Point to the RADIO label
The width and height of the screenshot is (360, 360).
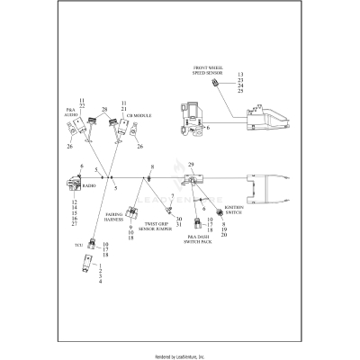click(89, 184)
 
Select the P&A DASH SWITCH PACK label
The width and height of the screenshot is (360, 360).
click(199, 239)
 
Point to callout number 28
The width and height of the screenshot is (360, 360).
click(104, 110)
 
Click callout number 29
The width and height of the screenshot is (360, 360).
click(188, 164)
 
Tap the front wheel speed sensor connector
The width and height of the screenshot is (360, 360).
click(216, 84)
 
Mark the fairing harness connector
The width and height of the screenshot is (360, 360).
click(132, 211)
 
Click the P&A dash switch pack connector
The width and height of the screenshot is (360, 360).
click(200, 220)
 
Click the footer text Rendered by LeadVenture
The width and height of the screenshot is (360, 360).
click(180, 355)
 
